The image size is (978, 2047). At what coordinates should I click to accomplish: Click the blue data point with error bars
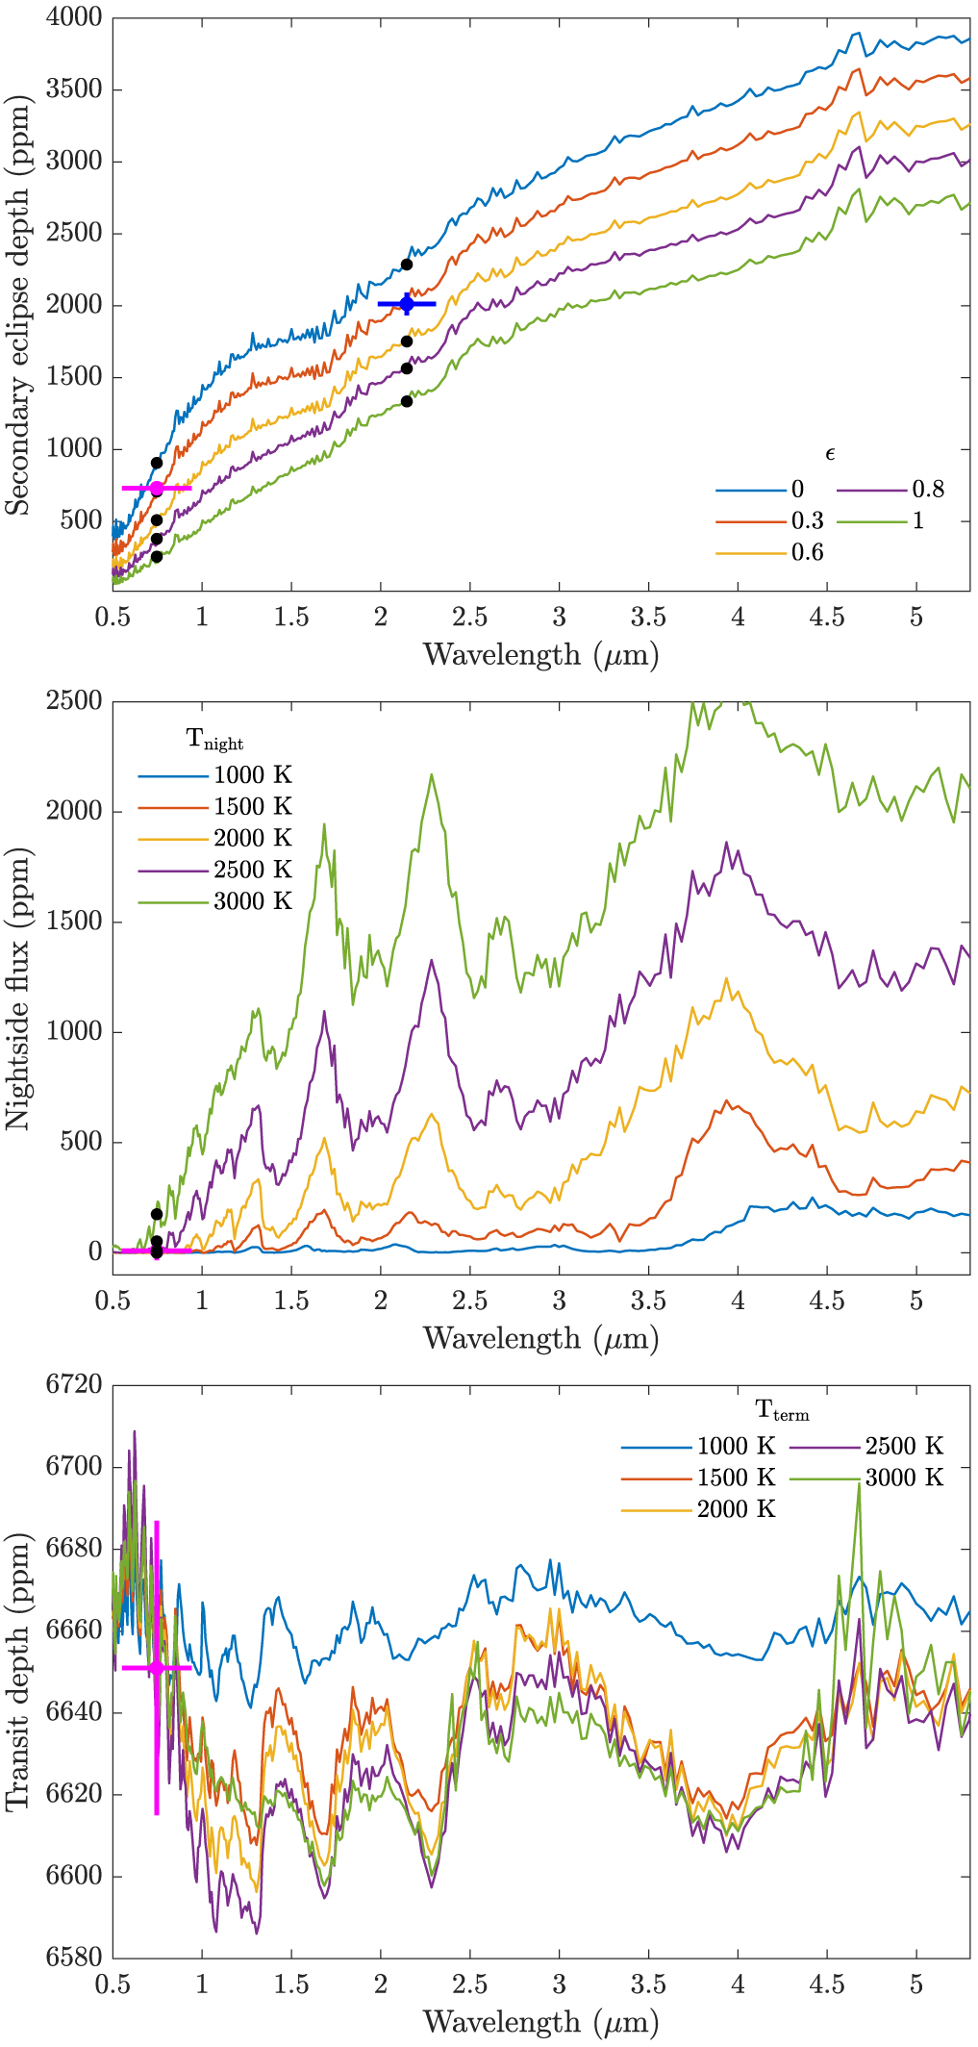407,304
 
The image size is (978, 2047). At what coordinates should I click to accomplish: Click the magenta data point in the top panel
157,489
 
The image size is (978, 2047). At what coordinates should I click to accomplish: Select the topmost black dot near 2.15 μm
407,265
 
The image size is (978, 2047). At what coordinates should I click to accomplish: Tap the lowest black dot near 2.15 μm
407,401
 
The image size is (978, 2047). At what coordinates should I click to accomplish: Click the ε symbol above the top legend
830,454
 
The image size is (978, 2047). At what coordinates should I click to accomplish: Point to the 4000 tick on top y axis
73,17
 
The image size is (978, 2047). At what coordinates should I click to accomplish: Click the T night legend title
214,740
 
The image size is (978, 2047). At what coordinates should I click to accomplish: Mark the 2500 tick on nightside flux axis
73,701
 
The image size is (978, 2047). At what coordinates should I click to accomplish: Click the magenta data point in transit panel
157,1667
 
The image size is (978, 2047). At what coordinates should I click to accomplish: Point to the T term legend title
782,1410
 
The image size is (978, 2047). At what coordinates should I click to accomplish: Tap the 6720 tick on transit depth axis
73,1385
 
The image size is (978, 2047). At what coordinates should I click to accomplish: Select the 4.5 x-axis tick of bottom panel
827,1984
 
